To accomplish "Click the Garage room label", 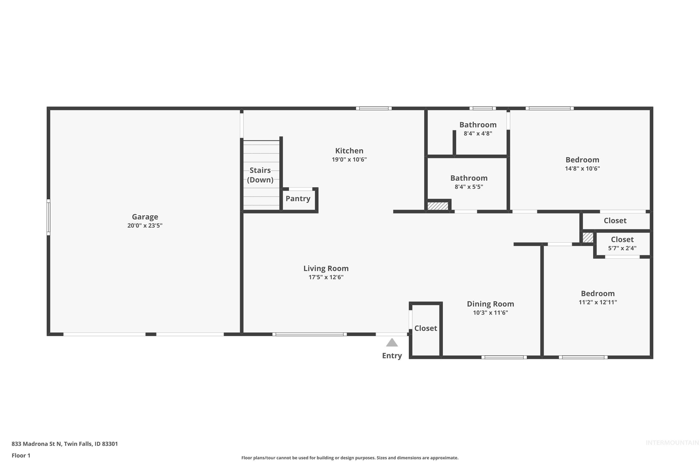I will pos(145,217).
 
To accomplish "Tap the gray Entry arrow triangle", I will pos(392,343).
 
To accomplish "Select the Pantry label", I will pos(298,199).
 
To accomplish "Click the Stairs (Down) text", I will pos(260,175).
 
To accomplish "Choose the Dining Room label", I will pos(490,304).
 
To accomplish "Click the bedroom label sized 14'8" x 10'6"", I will pos(582,160).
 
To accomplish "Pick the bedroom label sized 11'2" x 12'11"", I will pos(598,294).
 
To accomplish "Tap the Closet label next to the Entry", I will pos(426,328).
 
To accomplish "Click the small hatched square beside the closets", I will pos(588,238).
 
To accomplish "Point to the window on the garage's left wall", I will pos(49,217).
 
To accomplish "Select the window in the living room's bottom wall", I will pos(310,334).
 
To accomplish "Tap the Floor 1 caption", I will pos(21,455).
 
